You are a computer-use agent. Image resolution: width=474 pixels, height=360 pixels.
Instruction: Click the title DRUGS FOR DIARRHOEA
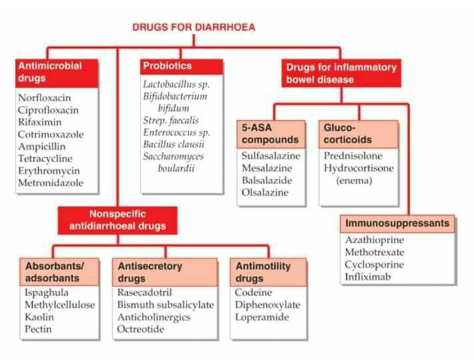194,27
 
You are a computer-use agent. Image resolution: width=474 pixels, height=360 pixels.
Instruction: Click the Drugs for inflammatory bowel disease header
341,74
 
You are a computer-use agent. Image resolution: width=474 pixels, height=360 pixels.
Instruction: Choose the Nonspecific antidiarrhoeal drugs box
118,220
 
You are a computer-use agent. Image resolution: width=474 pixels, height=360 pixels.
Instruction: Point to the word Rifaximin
40,122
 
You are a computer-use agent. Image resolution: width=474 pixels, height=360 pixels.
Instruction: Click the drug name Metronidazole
50,182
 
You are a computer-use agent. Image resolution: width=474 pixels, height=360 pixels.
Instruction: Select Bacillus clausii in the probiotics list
174,144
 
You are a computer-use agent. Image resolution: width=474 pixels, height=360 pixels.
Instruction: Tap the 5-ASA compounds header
271,134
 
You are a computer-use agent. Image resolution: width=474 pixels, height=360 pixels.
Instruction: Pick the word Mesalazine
267,168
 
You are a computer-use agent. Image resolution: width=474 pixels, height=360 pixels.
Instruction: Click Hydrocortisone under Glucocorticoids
359,168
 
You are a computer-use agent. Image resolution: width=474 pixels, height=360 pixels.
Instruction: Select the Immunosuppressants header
398,223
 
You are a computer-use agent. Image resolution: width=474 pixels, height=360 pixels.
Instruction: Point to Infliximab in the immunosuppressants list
368,277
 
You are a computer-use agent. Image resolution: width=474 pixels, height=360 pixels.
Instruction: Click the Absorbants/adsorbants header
59,272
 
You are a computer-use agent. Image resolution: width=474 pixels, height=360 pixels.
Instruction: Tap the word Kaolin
39,317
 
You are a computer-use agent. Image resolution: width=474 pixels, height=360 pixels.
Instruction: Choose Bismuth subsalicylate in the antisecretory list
165,305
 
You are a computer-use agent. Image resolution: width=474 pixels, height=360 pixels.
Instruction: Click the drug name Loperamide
262,317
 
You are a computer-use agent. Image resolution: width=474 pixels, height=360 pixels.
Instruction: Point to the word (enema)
354,180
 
